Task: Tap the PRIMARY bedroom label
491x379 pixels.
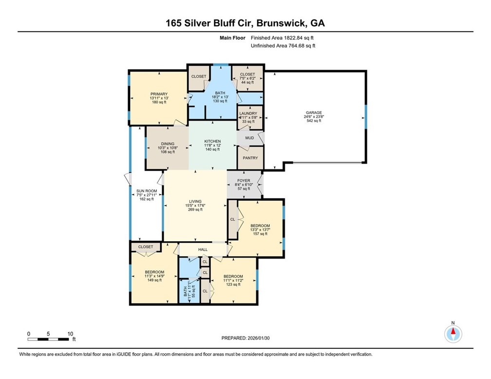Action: pos(159,94)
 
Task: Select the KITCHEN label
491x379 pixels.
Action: pos(212,141)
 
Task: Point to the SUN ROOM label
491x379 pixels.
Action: pos(145,191)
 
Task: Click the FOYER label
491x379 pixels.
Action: pos(243,181)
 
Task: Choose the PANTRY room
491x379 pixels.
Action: pos(250,158)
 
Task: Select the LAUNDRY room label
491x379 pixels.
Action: pos(250,114)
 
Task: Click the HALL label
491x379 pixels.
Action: pos(203,249)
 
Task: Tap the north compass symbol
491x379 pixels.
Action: pos(453,334)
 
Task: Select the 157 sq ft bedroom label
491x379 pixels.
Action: pos(260,230)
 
